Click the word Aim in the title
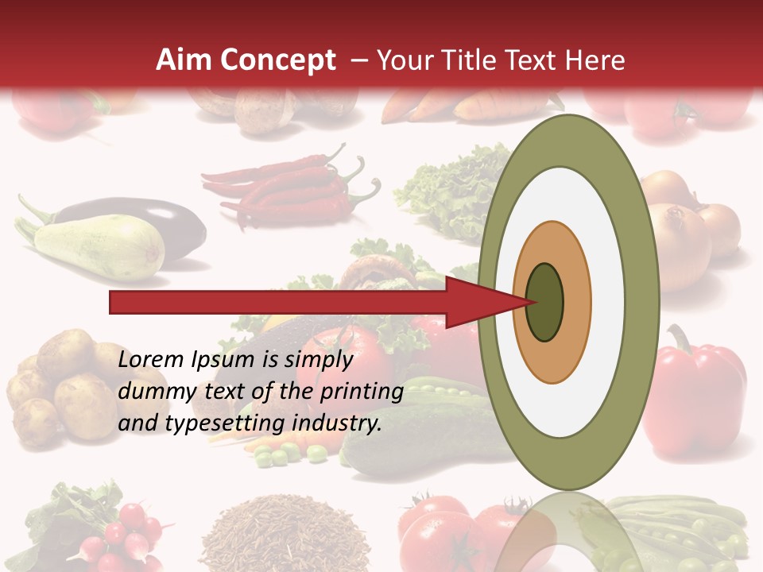(182, 60)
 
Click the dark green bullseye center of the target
(544, 302)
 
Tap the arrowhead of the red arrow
(485, 302)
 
